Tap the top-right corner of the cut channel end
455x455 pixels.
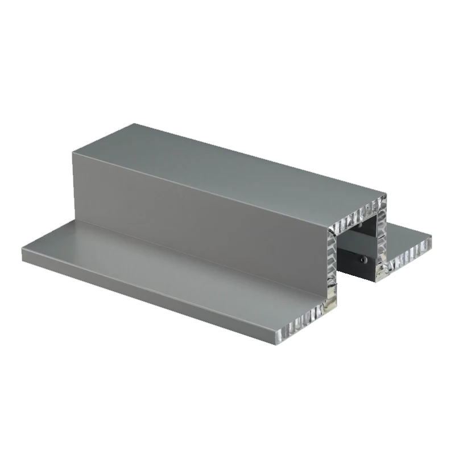pos(387,206)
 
